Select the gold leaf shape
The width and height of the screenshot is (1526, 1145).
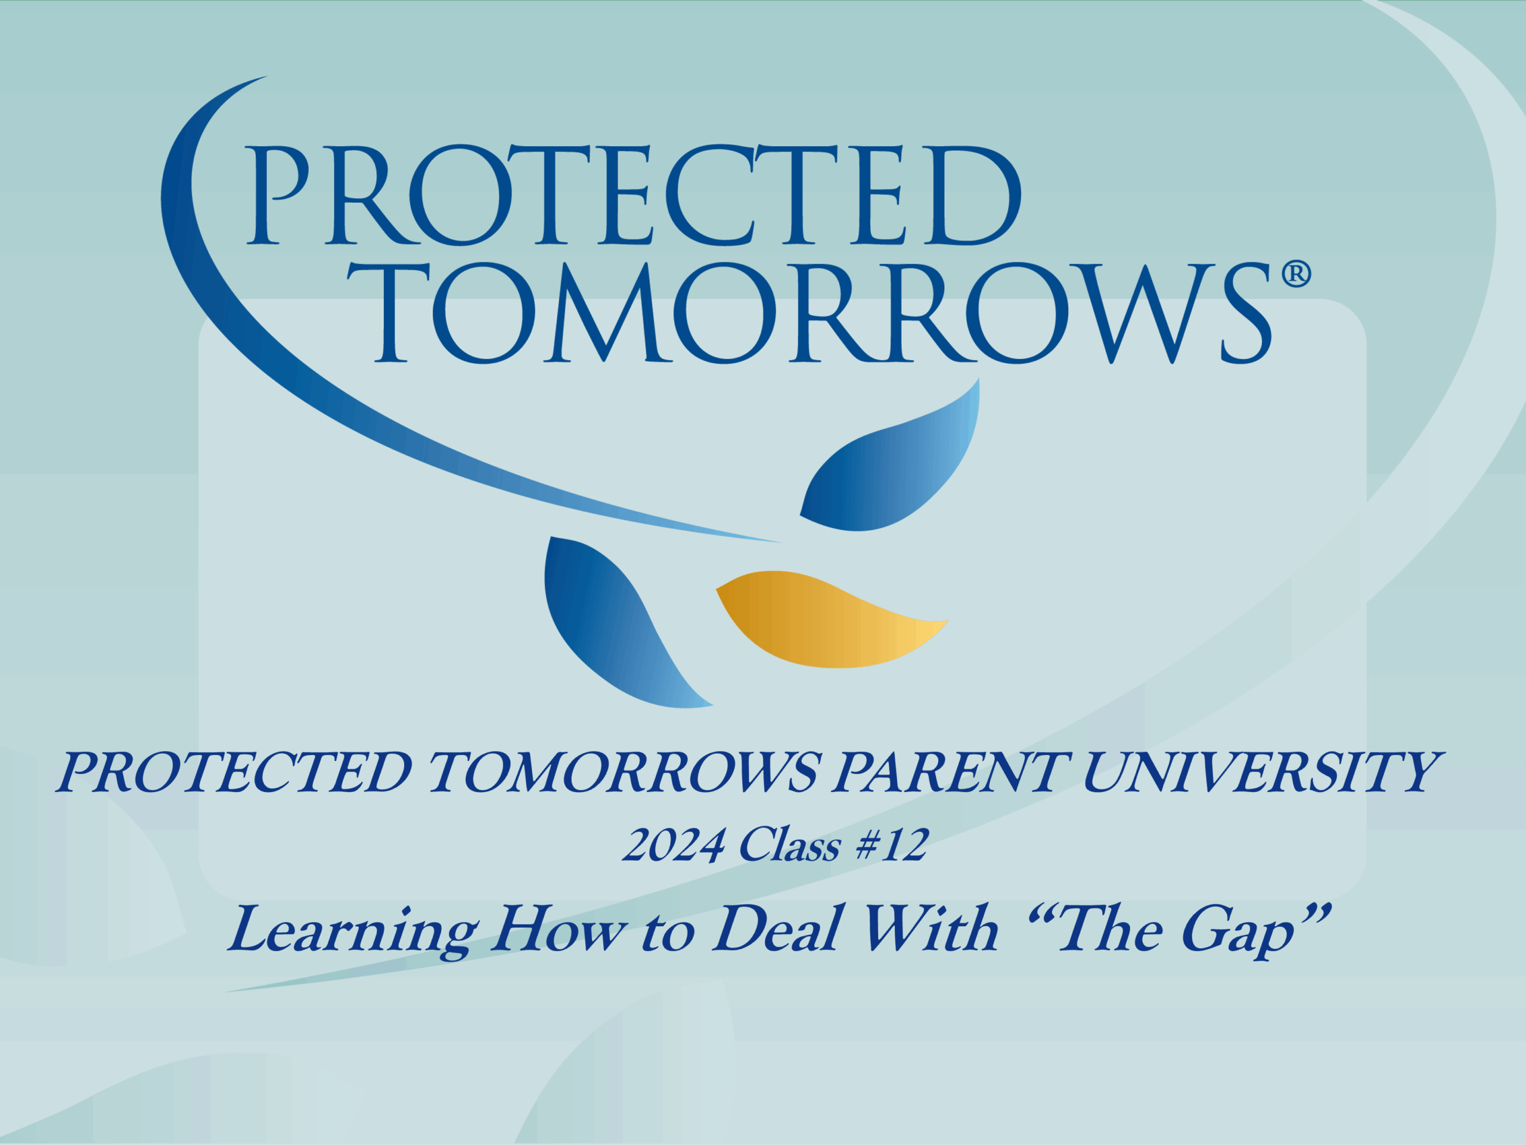tap(832, 619)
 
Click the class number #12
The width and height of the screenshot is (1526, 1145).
tap(892, 845)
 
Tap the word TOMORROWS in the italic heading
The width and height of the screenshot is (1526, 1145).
tap(624, 772)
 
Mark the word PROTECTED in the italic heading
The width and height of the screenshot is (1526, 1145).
tap(234, 772)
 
